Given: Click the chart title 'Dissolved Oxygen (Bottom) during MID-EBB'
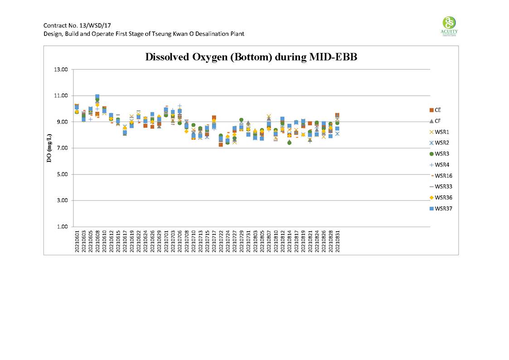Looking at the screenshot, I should click(254, 57).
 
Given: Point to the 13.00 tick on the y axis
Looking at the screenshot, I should click(61, 69).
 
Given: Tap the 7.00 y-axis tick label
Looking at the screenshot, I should click(61, 148).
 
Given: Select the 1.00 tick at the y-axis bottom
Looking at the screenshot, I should click(61, 227).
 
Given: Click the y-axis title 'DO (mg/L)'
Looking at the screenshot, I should click(49, 148).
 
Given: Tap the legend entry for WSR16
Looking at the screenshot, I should click(442, 175).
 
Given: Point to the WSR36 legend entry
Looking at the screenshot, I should click(442, 197).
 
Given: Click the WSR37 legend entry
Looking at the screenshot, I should click(442, 209).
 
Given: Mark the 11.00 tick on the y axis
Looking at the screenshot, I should click(61, 96).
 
